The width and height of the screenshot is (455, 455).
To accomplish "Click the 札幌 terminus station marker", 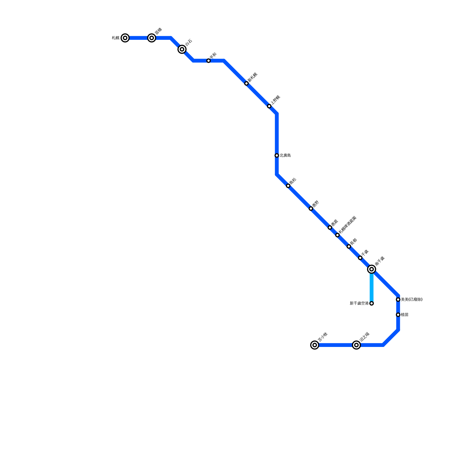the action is [125, 38].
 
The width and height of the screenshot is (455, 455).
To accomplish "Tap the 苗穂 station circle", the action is [152, 38].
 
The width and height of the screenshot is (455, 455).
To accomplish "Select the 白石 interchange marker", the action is [182, 49].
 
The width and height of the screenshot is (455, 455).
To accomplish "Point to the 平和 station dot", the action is [208, 61].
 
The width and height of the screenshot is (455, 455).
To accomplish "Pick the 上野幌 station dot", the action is [269, 106].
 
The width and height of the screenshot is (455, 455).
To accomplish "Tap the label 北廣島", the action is [285, 156].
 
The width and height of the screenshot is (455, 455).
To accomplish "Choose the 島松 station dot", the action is [288, 186].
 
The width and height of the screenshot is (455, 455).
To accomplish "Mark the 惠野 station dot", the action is [311, 209].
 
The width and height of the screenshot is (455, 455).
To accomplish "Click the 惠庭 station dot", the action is [330, 227].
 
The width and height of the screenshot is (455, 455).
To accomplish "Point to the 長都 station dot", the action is [349, 247].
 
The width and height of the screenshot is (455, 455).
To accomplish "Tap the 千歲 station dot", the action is [360, 258].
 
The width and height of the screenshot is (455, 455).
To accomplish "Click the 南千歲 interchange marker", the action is [371, 269].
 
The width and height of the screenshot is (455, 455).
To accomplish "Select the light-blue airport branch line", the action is [371, 287].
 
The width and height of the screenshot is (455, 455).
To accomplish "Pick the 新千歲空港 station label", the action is [359, 303].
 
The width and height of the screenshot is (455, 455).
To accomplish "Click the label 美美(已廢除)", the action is [411, 299].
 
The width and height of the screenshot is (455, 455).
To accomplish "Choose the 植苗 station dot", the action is [398, 315].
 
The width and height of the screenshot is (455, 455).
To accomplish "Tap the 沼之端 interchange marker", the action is [356, 345].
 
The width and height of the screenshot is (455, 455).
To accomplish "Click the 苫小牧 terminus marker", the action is [315, 345].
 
